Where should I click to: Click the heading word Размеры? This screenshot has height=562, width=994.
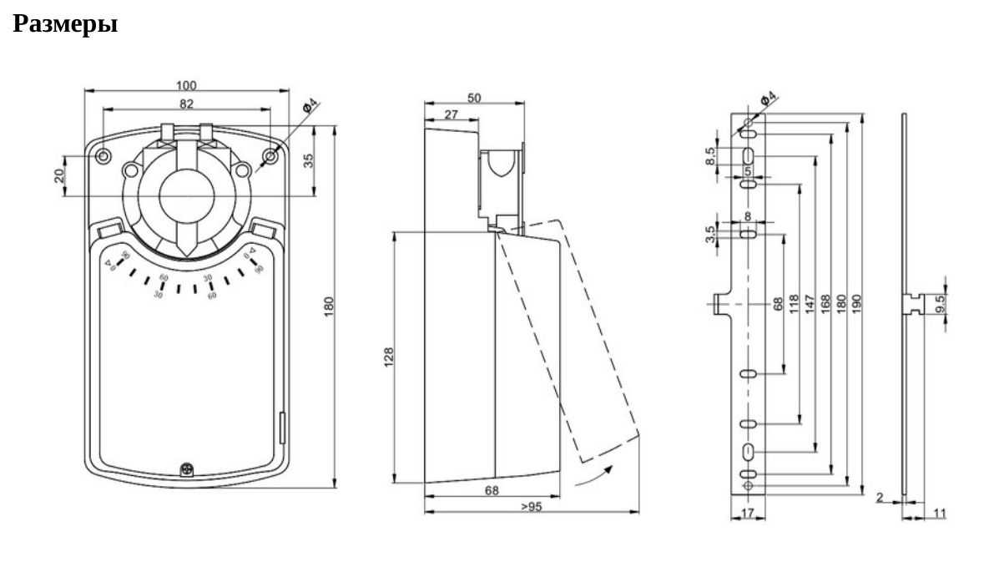click(x=65, y=24)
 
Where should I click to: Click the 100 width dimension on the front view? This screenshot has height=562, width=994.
click(x=186, y=85)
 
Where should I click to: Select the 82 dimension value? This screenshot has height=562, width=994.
click(x=186, y=104)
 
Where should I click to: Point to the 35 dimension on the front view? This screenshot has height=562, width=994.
click(x=308, y=160)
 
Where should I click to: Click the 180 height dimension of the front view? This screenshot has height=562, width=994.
click(x=327, y=306)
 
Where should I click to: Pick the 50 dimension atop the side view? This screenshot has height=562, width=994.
click(x=474, y=98)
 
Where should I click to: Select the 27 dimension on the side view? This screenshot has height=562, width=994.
click(x=451, y=115)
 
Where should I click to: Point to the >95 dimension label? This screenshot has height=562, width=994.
click(x=531, y=506)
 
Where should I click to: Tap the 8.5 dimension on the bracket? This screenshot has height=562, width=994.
click(x=710, y=156)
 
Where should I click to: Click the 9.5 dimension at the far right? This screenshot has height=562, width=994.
click(x=941, y=304)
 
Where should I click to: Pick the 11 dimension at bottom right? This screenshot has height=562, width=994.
click(x=939, y=514)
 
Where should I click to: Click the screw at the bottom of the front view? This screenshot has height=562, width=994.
click(x=185, y=469)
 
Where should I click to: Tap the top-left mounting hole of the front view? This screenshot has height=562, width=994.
click(x=103, y=156)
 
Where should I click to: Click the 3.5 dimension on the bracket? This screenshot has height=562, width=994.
click(x=710, y=235)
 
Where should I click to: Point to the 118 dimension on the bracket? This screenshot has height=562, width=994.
click(x=794, y=301)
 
